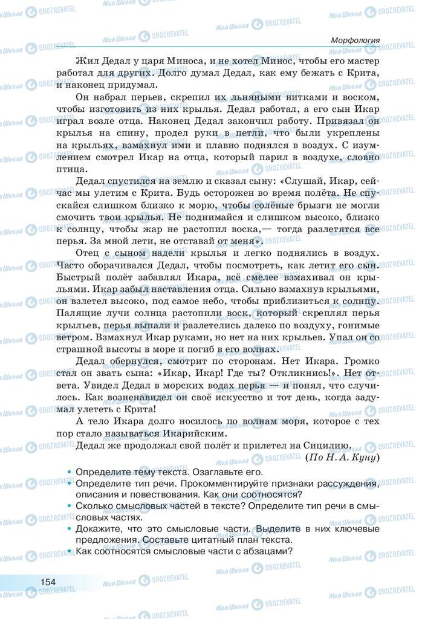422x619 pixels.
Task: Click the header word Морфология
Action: click(x=355, y=40)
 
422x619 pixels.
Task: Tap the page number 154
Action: click(x=48, y=582)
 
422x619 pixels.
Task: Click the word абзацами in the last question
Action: click(x=263, y=551)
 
